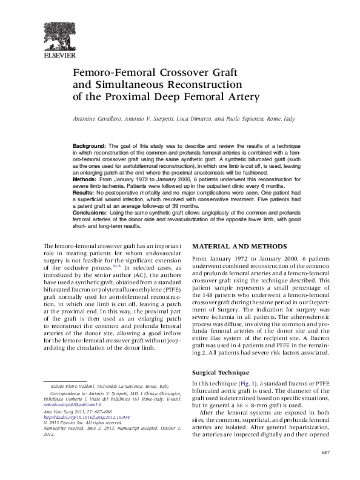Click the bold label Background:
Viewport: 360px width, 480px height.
pos(89,147)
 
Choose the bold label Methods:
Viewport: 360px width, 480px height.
pos(84,180)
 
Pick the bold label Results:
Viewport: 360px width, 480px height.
pos(84,193)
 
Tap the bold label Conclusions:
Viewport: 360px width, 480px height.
pos(89,213)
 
